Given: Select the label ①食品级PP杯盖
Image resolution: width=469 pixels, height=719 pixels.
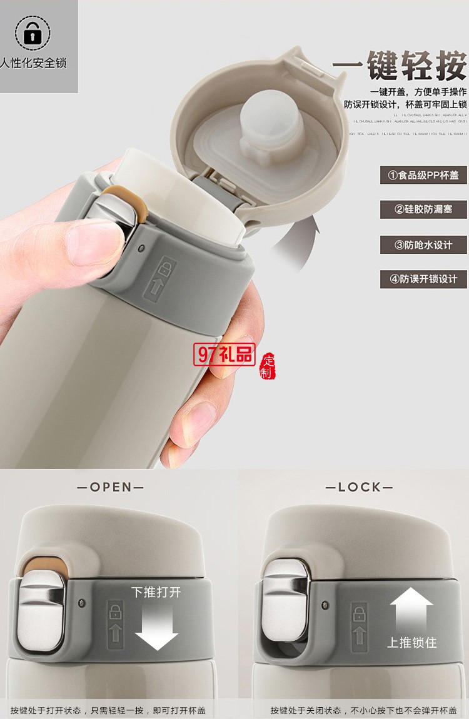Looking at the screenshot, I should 423,175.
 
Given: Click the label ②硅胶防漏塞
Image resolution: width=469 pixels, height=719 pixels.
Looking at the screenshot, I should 423,209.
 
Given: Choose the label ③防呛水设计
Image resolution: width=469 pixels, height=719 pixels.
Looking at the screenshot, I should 423,244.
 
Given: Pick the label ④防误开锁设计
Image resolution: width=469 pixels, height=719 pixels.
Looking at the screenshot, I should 423,279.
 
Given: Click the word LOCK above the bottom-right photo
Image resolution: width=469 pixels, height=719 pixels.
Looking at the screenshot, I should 359,487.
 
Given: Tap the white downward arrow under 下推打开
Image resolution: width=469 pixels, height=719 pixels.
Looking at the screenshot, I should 156,625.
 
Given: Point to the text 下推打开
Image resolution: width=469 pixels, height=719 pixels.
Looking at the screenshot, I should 156,591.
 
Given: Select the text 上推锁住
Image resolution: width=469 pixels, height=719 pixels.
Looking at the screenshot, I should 411,642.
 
